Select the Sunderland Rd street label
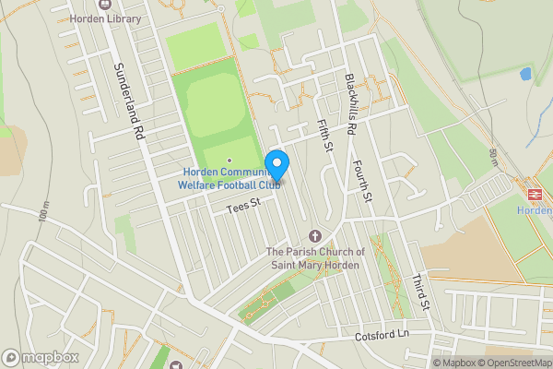128,101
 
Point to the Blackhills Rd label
349,105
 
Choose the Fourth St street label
361,182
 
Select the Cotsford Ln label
382,337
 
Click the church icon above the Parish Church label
315,237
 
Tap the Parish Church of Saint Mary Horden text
315,258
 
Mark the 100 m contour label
44,214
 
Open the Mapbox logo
41,357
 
